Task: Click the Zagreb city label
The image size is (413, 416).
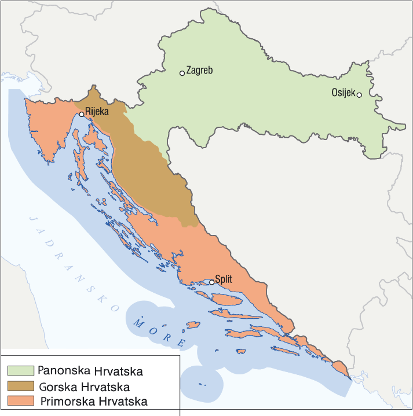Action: point(200,71)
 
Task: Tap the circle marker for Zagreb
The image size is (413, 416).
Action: point(182,73)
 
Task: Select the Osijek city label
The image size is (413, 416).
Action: point(343,92)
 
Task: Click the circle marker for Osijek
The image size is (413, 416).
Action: point(359,95)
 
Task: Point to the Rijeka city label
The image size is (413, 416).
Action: point(97,112)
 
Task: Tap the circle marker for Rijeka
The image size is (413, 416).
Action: point(82,115)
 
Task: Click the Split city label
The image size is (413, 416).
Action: point(224,279)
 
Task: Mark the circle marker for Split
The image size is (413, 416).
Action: point(212,282)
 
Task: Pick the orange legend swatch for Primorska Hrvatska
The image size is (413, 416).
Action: point(21,400)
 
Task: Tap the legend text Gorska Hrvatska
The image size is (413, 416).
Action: point(84,386)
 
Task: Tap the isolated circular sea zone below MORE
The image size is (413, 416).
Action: point(202,382)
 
